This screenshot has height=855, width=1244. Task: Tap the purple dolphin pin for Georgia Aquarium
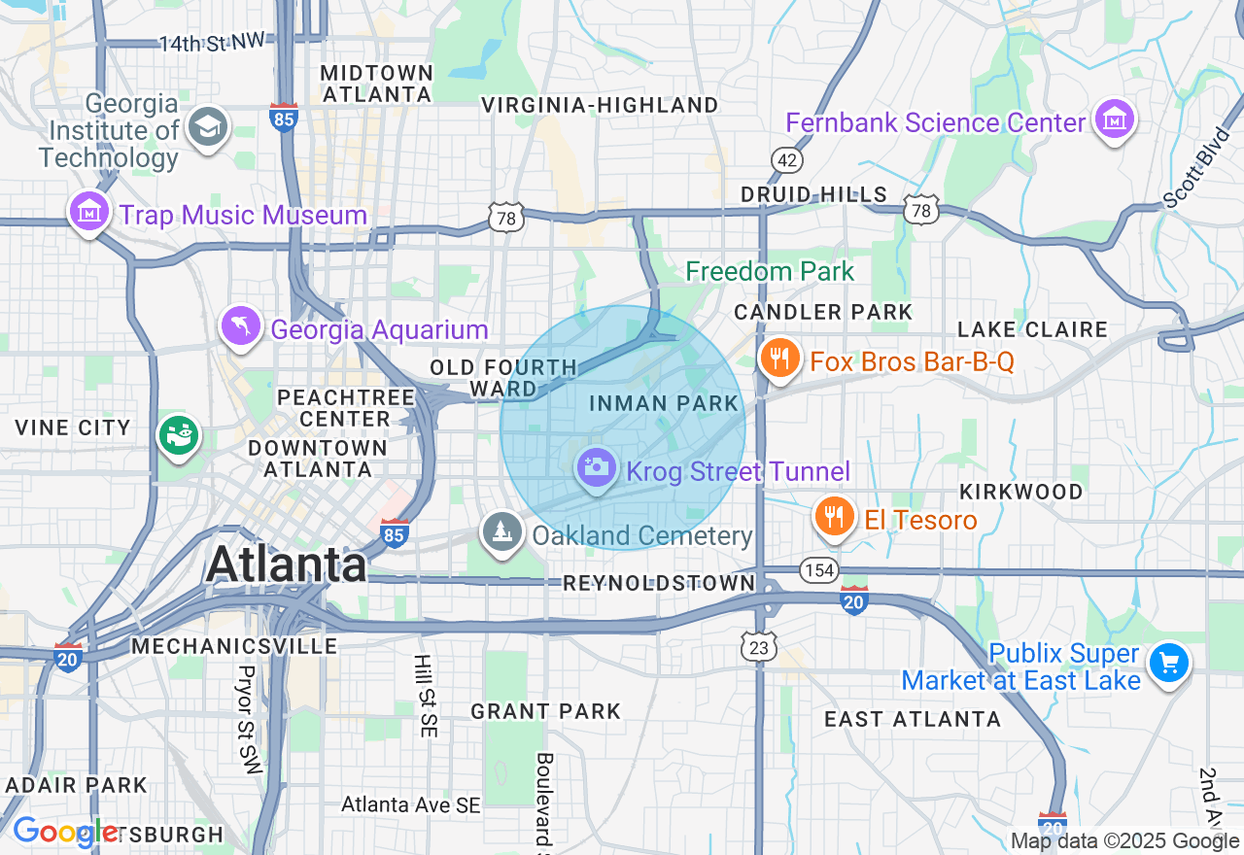[240, 326]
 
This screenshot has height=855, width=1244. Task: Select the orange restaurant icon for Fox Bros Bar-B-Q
[778, 359]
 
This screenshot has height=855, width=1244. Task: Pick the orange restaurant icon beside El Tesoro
[833, 516]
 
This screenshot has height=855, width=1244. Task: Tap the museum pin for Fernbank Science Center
[1114, 120]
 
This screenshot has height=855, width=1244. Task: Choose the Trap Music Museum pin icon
[88, 211]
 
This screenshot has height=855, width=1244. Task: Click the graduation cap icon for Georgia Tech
[208, 126]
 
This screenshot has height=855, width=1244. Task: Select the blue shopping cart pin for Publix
[1168, 664]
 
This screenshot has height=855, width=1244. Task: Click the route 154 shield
[820, 569]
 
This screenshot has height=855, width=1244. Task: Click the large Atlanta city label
[287, 564]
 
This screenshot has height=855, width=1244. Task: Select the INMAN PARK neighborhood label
[665, 403]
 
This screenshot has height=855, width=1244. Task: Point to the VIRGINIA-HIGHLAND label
[600, 105]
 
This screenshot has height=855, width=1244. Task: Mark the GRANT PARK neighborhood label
[545, 711]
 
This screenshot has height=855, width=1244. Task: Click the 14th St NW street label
[212, 43]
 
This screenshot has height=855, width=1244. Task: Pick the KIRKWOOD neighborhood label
[1020, 492]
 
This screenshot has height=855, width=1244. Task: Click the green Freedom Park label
[770, 272]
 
